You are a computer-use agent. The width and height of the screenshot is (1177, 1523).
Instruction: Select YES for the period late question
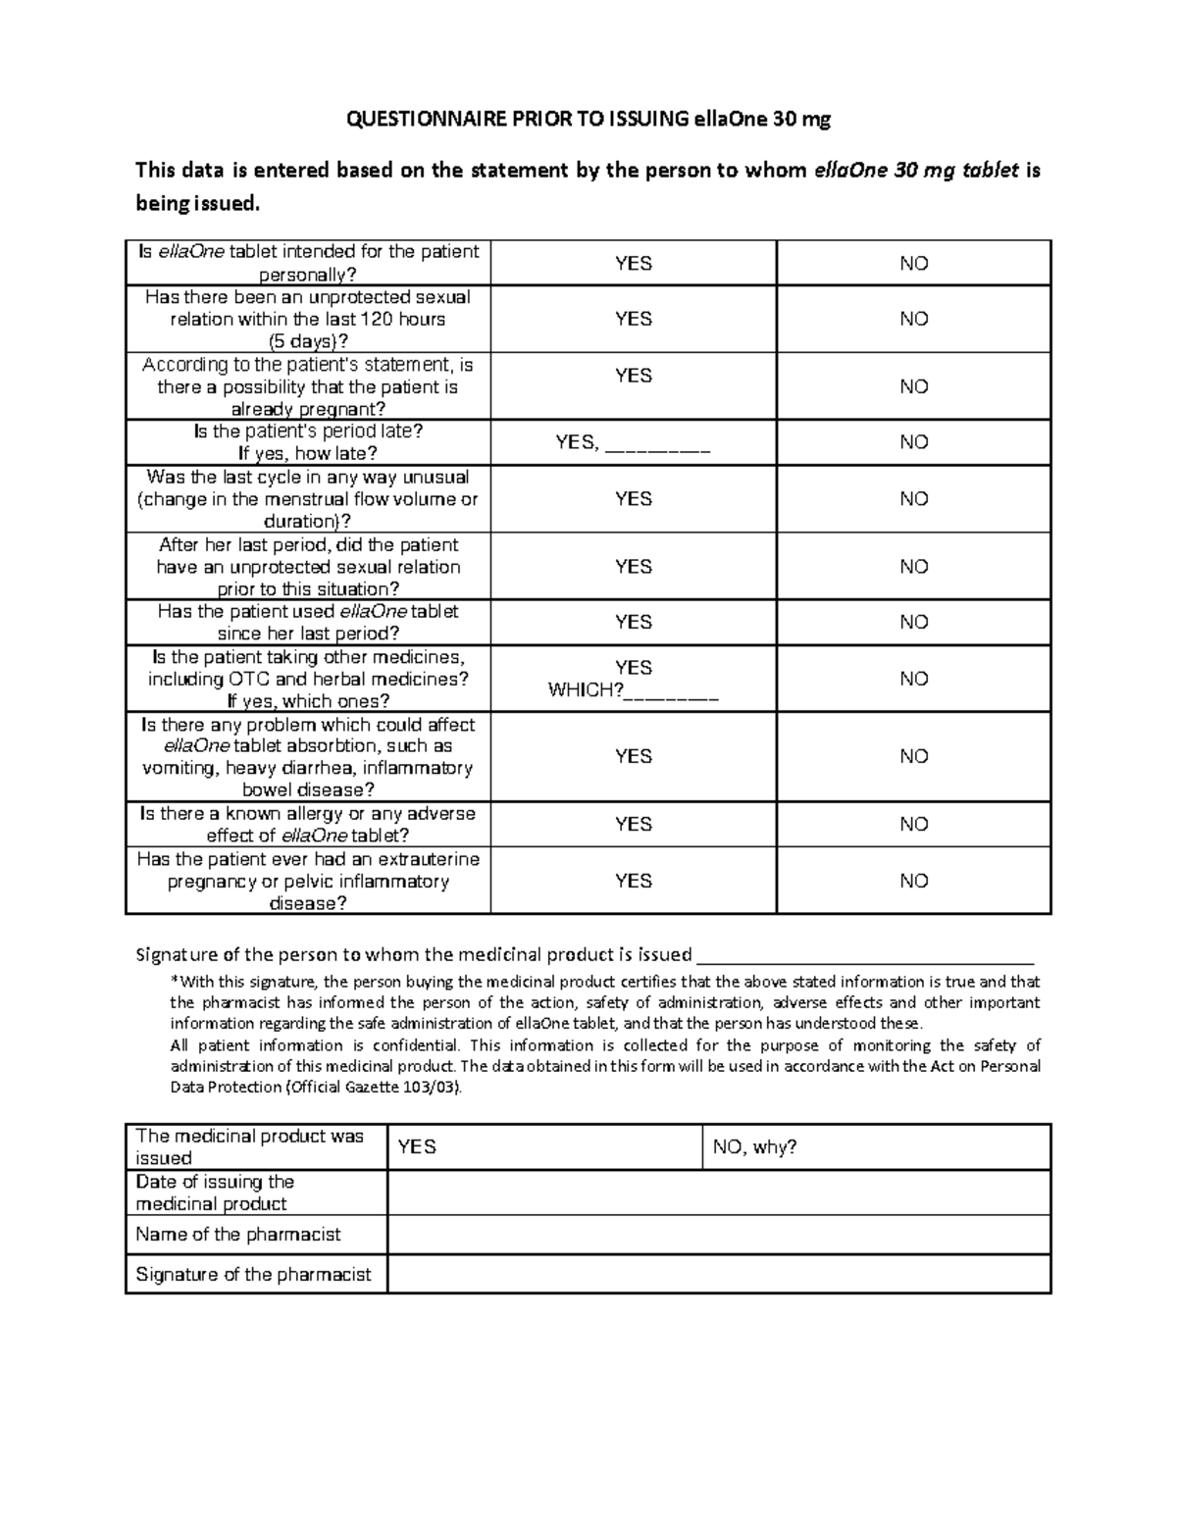pyautogui.click(x=577, y=442)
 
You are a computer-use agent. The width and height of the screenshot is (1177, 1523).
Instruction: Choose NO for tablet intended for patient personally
pyautogui.click(x=913, y=263)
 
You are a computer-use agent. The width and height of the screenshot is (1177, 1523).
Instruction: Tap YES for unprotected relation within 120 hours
pyautogui.click(x=633, y=319)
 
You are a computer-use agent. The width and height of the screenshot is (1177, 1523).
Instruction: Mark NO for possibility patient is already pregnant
pyautogui.click(x=913, y=386)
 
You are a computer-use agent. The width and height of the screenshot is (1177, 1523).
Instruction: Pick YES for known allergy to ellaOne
pyautogui.click(x=633, y=824)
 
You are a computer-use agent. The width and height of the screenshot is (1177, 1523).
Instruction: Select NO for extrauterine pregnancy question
pyautogui.click(x=913, y=881)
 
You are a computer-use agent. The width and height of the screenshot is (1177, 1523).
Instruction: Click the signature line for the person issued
pyautogui.click(x=864, y=956)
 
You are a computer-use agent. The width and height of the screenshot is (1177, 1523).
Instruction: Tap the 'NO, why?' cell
pyautogui.click(x=755, y=1146)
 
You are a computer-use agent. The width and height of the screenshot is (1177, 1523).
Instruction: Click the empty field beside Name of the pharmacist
pyautogui.click(x=718, y=1235)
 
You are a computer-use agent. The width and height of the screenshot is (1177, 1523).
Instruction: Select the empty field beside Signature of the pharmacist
pyautogui.click(x=718, y=1275)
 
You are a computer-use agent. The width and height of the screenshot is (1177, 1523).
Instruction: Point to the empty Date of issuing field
pyautogui.click(x=718, y=1193)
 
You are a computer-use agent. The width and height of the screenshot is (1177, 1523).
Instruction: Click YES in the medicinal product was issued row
pyautogui.click(x=417, y=1146)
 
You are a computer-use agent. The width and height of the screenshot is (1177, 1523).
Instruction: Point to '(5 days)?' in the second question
pyautogui.click(x=308, y=341)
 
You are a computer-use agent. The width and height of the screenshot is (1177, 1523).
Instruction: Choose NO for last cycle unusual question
pyautogui.click(x=913, y=499)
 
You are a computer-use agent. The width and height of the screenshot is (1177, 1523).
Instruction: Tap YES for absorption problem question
pyautogui.click(x=633, y=756)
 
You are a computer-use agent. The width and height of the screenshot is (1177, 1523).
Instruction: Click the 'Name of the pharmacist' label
pyautogui.click(x=238, y=1235)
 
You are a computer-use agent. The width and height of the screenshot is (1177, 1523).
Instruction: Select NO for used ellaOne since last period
pyautogui.click(x=913, y=622)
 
